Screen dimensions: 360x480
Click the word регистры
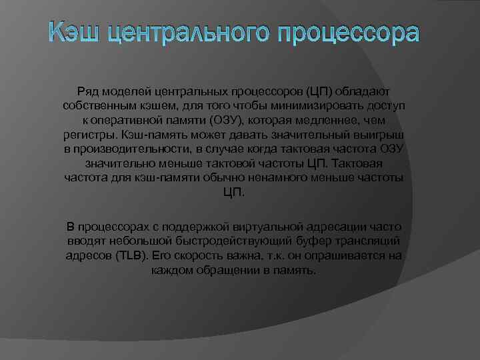pos(85,134)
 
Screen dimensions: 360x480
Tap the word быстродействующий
pos(216,242)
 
